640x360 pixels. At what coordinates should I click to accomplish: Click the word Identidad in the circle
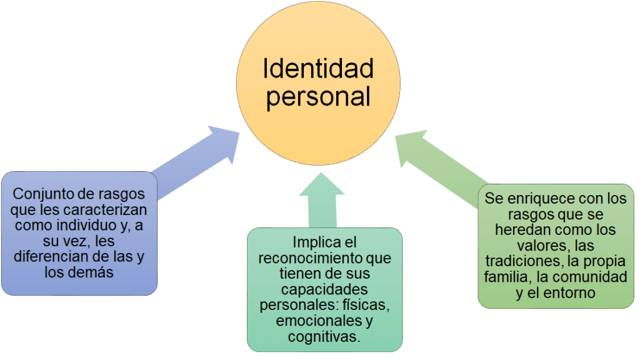coord(317,69)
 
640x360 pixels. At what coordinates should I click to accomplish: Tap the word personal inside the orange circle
coord(317,97)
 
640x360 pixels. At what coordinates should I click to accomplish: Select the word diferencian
coord(52,257)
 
